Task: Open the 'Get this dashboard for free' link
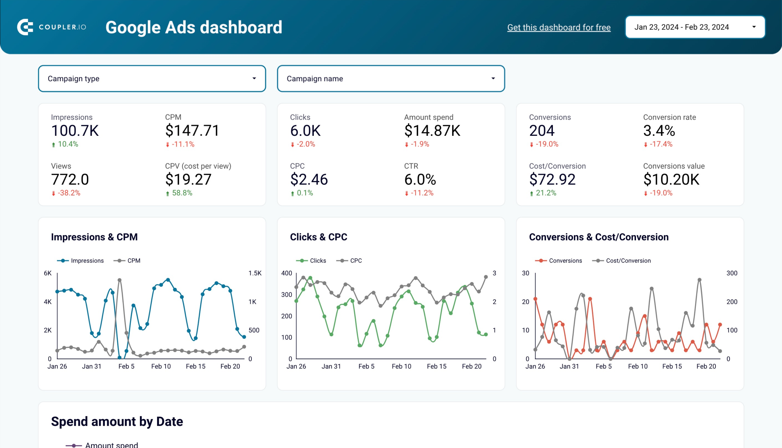click(559, 27)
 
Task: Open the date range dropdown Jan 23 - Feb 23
click(695, 27)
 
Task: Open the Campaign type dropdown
click(152, 78)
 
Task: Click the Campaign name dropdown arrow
click(493, 78)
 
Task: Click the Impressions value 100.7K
click(75, 131)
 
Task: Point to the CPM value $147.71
click(192, 131)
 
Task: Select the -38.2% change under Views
click(68, 193)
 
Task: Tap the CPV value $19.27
click(188, 179)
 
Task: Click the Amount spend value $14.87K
click(432, 131)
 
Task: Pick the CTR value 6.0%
click(420, 179)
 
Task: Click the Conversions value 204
click(542, 131)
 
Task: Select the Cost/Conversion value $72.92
click(552, 179)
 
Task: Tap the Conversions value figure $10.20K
click(671, 179)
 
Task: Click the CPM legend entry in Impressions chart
click(133, 261)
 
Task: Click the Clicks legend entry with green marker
click(317, 261)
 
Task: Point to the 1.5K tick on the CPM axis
click(255, 273)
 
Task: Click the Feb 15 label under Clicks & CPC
click(437, 366)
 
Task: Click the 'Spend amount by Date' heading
click(117, 421)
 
